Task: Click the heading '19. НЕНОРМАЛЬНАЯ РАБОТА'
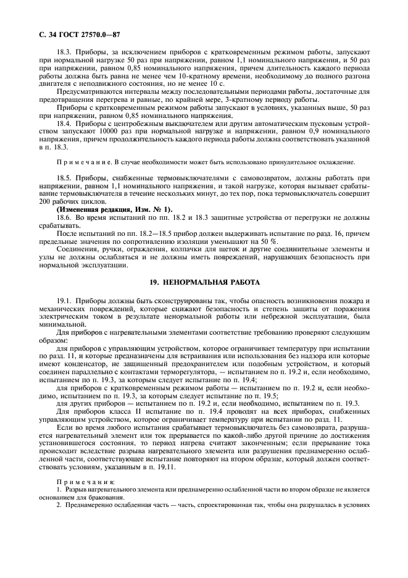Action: [204, 280]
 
